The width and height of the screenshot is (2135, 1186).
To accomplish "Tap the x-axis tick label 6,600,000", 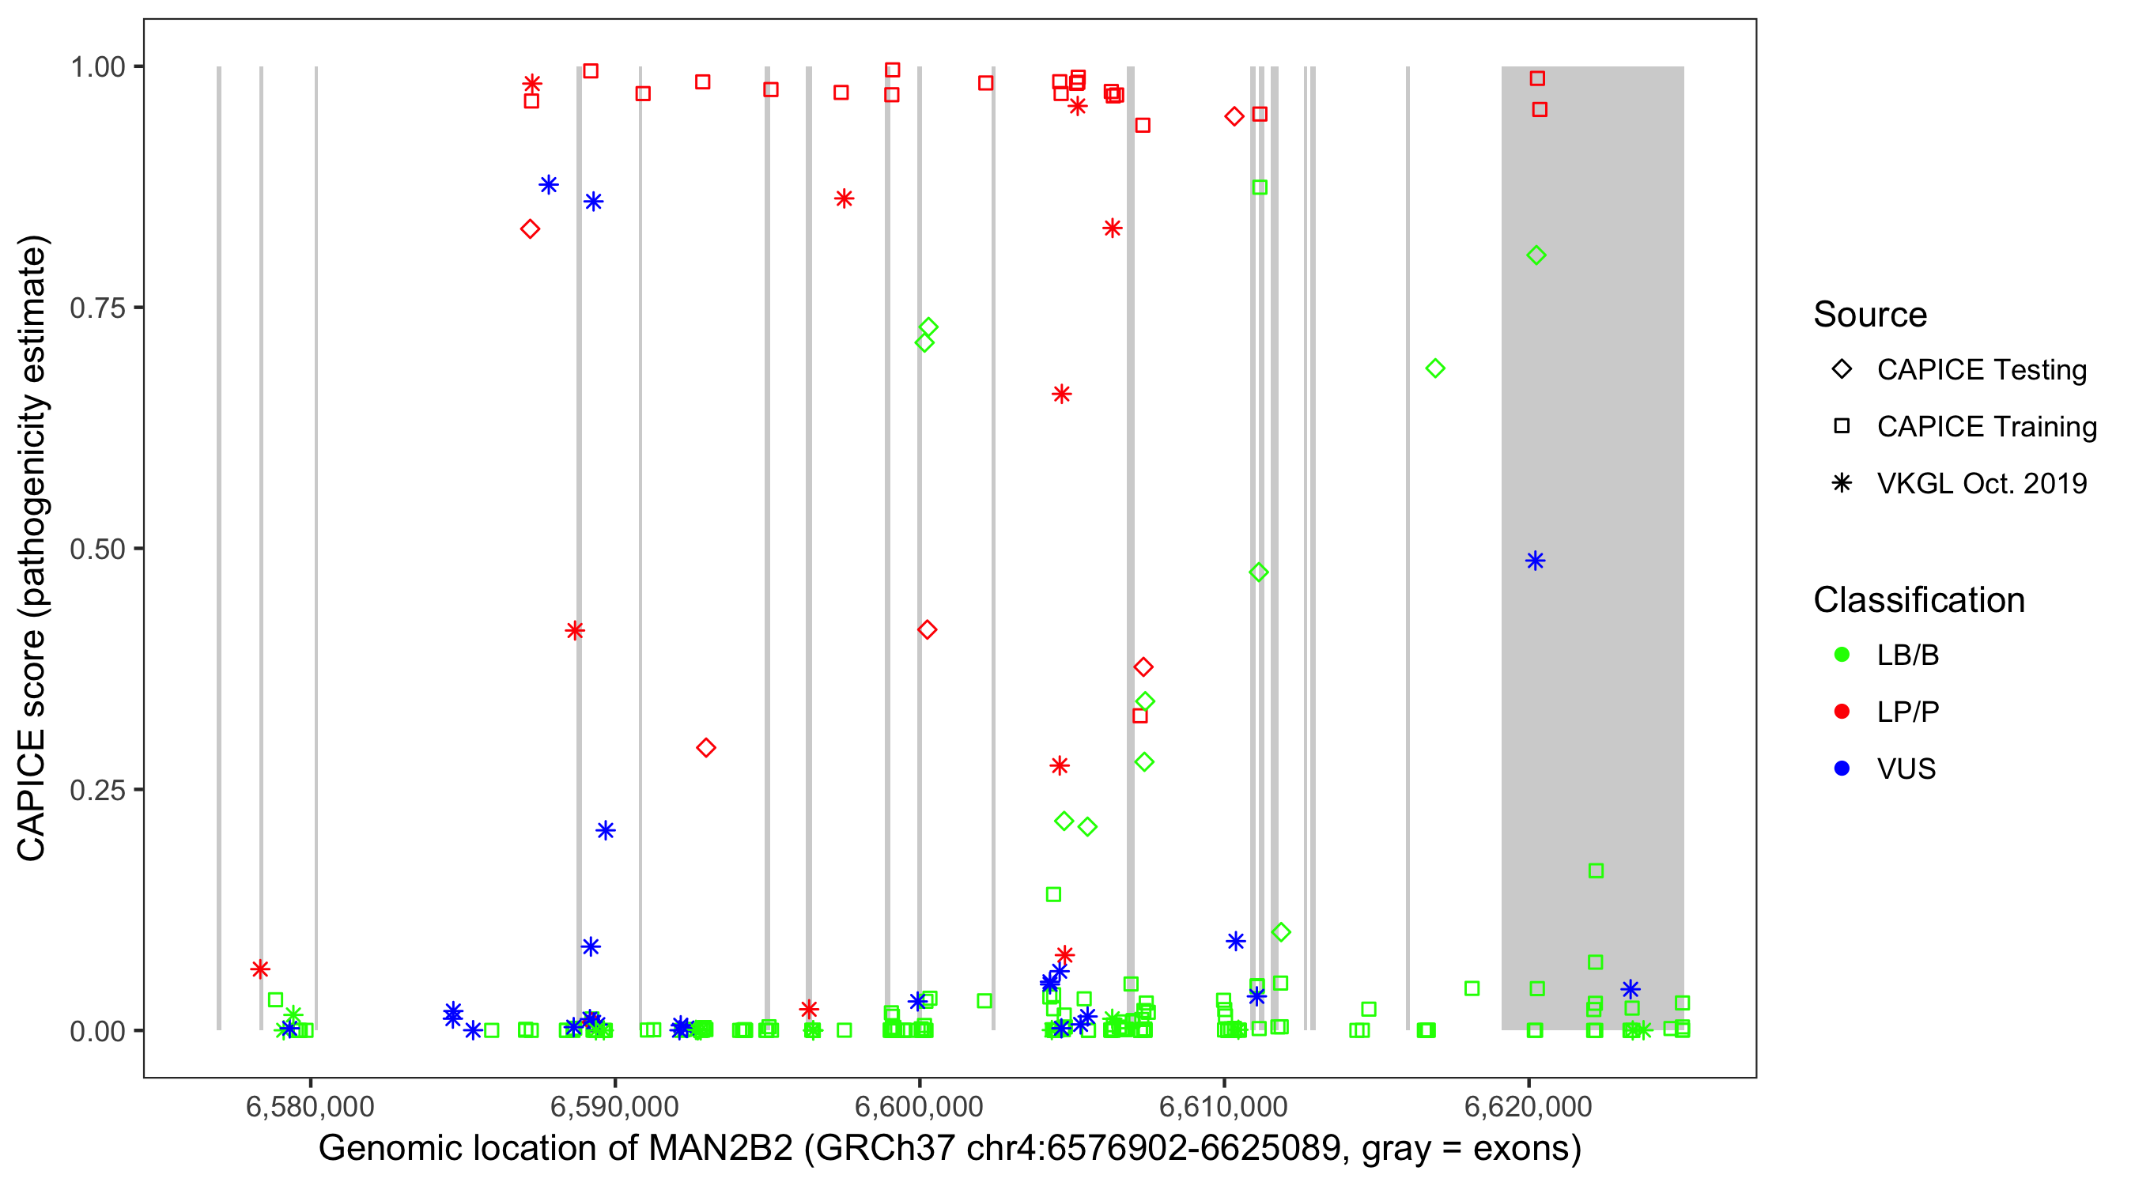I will [918, 1106].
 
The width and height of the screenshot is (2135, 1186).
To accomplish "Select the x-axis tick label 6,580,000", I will [310, 1106].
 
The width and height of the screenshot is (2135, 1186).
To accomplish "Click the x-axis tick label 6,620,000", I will [1528, 1106].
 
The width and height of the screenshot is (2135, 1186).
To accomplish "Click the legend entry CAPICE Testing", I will [1981, 370].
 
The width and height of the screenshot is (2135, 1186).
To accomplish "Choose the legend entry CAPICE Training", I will [1986, 427].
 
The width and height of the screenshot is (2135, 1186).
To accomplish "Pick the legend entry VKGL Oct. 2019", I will [1981, 483].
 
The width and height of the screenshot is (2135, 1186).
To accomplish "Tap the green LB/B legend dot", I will [1842, 655].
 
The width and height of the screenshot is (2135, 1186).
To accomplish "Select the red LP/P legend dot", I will [1842, 712].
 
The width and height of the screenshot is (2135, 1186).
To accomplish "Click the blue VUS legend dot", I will [1842, 769].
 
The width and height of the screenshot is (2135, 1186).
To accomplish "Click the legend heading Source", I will [1870, 315].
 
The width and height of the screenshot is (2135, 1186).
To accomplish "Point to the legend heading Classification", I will [1918, 600].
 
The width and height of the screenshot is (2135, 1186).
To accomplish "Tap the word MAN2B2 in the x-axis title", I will [720, 1149].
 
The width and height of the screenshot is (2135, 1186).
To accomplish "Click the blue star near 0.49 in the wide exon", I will [1535, 561].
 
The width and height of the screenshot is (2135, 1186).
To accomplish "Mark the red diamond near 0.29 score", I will [705, 747].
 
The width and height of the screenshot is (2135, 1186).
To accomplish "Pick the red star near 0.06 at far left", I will [260, 969].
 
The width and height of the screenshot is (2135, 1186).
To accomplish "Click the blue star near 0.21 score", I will [606, 830].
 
